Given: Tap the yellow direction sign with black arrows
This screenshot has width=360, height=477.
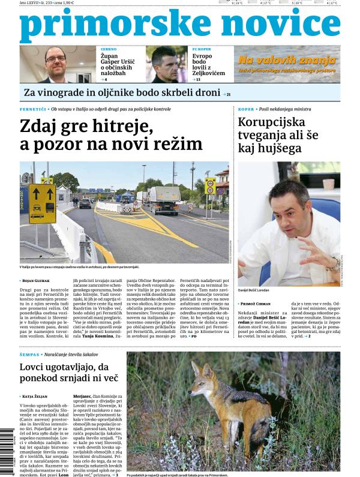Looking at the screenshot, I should pos(42,203).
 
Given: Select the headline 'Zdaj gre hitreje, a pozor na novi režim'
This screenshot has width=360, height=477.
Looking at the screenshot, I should pos(111,136).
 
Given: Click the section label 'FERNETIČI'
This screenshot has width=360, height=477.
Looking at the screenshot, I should pos(33,109).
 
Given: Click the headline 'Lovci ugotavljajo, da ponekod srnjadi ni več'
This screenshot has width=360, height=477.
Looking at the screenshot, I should pos(69,373).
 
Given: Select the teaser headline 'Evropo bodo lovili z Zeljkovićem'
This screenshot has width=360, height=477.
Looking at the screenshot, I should pos(209,65).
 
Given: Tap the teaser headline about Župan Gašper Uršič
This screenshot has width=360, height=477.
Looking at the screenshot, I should pos(121,65).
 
